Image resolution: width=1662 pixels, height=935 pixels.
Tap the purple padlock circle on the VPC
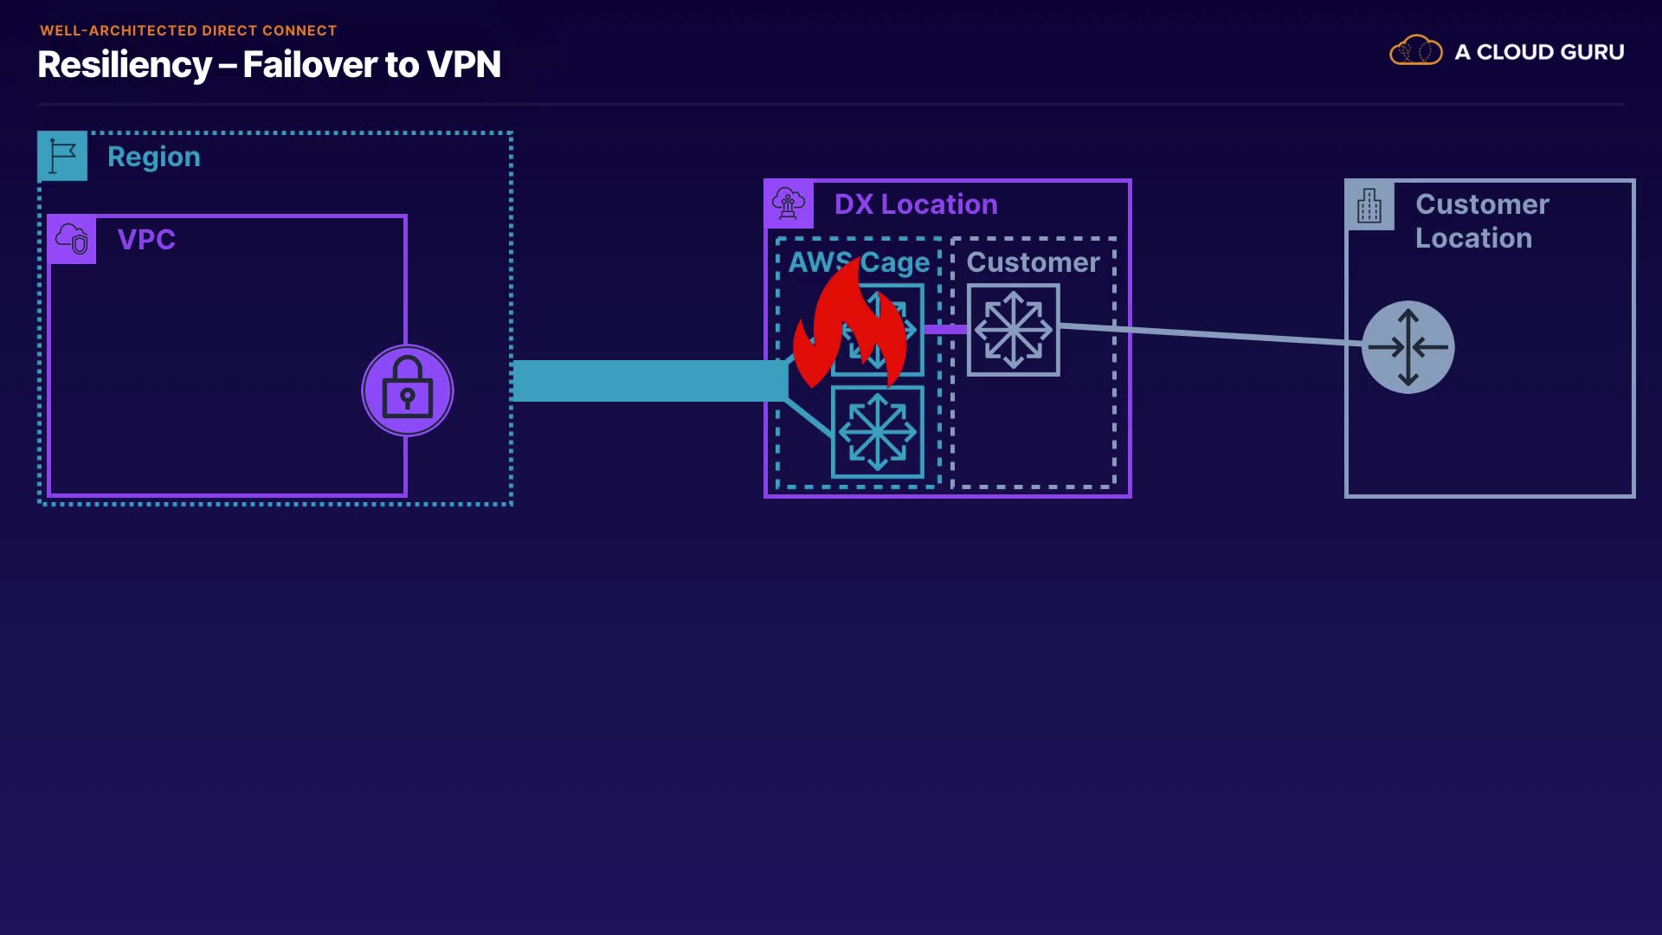(407, 390)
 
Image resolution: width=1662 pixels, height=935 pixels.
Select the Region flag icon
(62, 156)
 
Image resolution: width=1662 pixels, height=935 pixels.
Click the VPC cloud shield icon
(72, 239)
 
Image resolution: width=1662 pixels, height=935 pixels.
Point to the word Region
(154, 157)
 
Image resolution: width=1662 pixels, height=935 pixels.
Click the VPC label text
(146, 239)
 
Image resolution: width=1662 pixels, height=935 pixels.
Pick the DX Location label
(916, 204)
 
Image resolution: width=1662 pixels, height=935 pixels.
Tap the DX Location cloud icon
(789, 204)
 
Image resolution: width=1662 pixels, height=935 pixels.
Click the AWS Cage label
(859, 262)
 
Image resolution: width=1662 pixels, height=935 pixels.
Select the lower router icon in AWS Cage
(877, 431)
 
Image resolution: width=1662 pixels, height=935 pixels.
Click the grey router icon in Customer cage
(1013, 330)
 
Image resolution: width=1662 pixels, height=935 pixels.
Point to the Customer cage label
(1033, 262)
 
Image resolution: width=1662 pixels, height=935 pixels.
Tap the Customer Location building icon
(1369, 206)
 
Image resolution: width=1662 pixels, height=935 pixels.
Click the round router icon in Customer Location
(1408, 347)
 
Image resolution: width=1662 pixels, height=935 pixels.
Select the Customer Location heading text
(1481, 221)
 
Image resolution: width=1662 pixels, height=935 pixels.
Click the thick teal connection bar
(649, 381)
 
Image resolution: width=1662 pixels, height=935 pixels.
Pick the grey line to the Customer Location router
(1212, 334)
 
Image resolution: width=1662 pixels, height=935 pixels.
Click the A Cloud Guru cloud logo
(1415, 51)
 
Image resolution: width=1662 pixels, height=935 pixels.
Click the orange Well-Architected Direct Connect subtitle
(188, 30)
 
